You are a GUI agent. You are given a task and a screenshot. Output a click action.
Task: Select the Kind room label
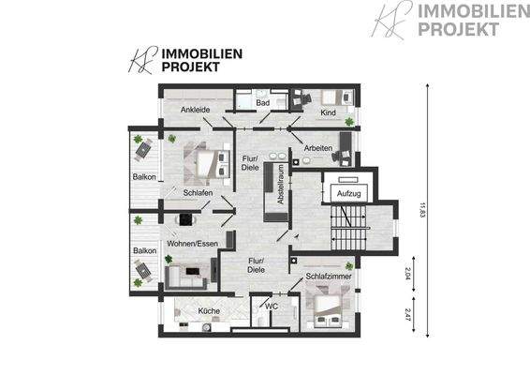tap(328, 112)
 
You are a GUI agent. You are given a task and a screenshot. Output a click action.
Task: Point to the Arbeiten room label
tap(318, 147)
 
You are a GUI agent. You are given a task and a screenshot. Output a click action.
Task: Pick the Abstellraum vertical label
tap(280, 183)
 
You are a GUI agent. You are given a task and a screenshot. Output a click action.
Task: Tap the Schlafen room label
tap(198, 193)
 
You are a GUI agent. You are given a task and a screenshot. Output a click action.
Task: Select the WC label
tap(272, 306)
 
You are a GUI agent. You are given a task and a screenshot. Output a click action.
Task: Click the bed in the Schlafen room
tap(211, 163)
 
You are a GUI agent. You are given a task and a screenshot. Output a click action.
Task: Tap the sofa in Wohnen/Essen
tap(184, 276)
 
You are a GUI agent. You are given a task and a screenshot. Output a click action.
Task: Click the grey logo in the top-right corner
tap(439, 21)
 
